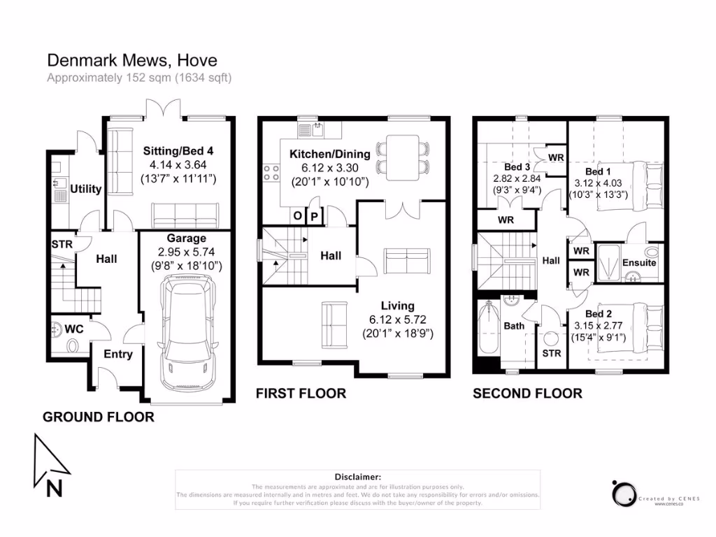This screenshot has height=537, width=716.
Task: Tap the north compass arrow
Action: click(50, 465)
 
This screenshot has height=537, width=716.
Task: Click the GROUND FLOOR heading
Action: click(99, 417)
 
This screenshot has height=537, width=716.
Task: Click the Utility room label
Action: click(86, 189)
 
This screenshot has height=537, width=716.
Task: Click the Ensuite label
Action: click(639, 263)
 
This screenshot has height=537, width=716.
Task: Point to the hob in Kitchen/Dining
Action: click(271, 173)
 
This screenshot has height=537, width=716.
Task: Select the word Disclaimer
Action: click(357, 476)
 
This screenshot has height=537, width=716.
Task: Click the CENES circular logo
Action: click(622, 493)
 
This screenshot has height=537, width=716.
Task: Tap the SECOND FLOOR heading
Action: click(527, 394)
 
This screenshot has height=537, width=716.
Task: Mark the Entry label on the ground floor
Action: click(118, 355)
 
